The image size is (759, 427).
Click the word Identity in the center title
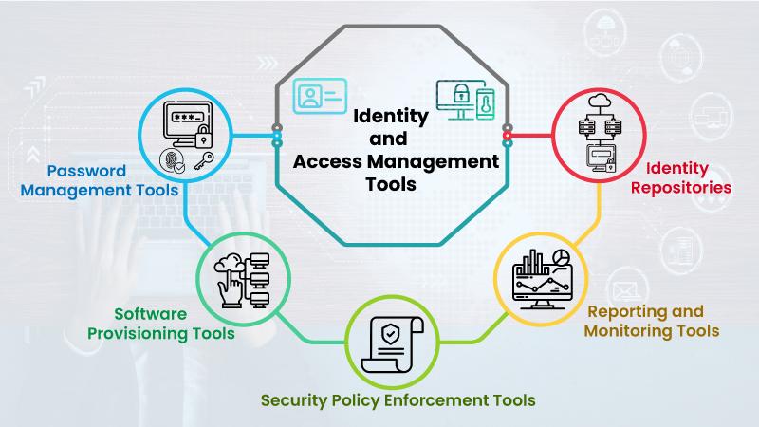point(391,117)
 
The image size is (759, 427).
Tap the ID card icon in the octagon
point(320,97)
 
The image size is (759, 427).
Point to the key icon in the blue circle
point(204,160)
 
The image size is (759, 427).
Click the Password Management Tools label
point(100,180)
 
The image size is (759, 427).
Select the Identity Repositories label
point(681,177)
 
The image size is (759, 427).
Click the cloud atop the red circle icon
point(601,102)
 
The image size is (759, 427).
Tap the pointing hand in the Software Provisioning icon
point(231,289)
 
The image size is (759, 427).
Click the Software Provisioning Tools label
point(160,324)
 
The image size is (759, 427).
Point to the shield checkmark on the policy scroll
point(390,334)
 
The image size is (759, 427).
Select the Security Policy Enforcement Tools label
point(398,400)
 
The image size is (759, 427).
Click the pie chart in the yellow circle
point(561,256)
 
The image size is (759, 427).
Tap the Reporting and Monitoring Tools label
point(652,321)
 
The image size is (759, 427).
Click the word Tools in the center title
point(391,184)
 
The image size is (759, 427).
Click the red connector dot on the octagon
point(507,136)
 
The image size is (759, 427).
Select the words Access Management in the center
point(396,162)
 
